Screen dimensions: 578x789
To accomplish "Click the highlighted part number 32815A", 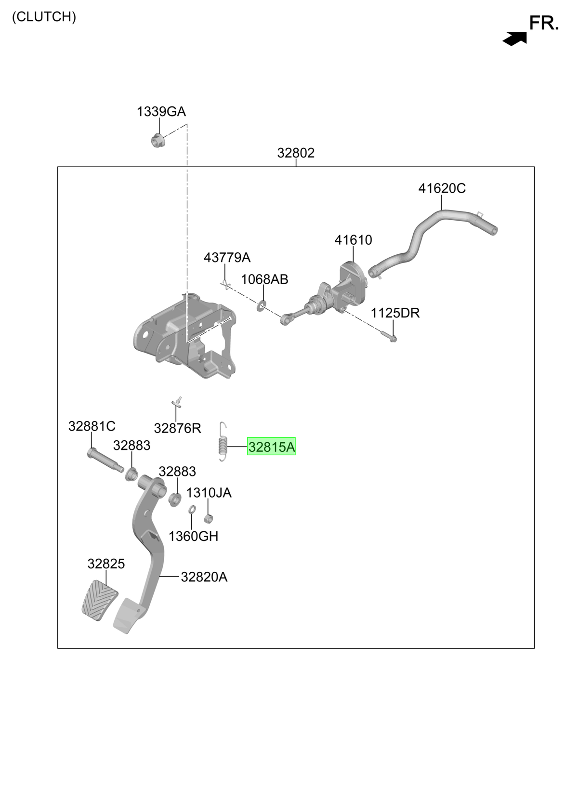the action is [271, 446].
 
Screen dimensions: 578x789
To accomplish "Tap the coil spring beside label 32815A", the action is [222, 442].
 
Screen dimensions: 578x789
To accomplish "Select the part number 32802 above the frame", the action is [296, 153].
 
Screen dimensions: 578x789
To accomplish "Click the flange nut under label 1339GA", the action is [156, 141].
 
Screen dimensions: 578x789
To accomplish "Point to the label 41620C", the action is [442, 188].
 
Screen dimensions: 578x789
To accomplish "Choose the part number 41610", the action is [353, 240].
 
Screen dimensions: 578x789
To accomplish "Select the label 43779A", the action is [227, 258].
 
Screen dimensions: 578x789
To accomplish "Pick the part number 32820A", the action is [204, 577].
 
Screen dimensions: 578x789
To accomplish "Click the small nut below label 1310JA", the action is [208, 518].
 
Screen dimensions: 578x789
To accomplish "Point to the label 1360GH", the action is [193, 536].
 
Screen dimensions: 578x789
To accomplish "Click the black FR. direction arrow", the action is [514, 39].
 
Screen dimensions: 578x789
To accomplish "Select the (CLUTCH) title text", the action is [44, 17].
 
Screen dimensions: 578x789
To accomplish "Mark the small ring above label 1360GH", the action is [192, 509].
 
